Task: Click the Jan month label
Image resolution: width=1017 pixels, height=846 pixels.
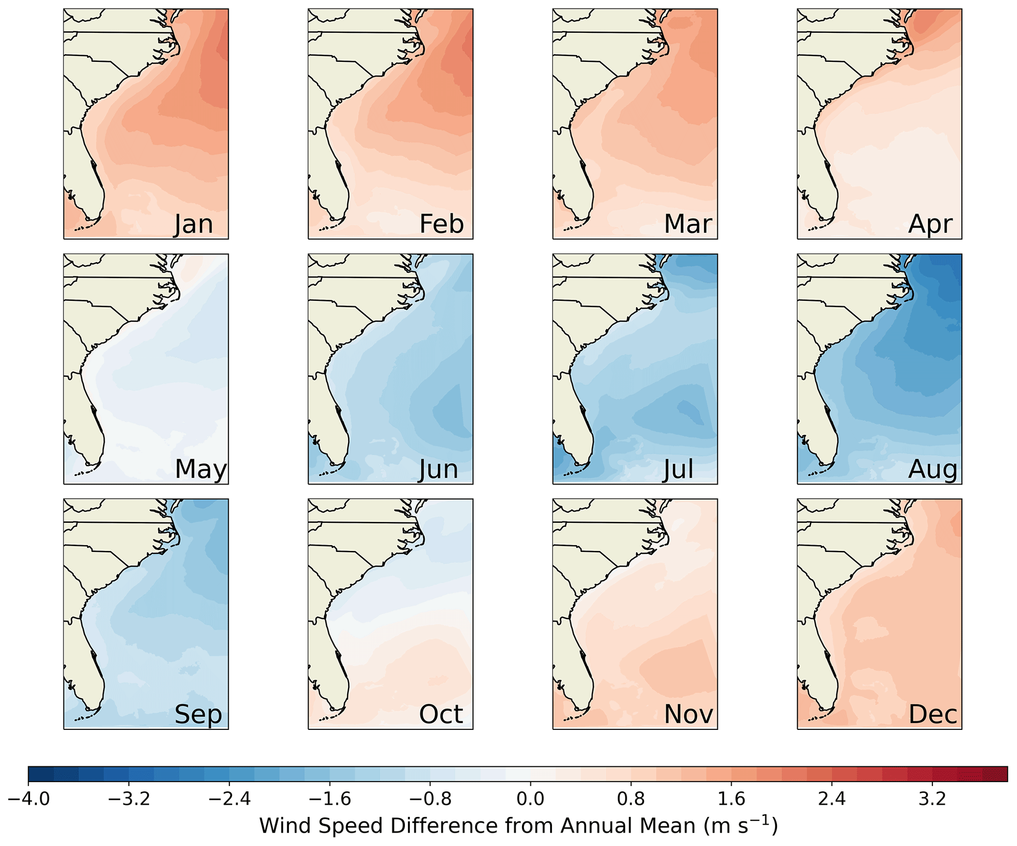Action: [193, 224]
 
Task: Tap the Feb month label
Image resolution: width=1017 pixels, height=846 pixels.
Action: [441, 224]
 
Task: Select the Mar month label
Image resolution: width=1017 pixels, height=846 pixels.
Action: [687, 224]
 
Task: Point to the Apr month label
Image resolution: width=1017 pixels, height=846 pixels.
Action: [930, 224]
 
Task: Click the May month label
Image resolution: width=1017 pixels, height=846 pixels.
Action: [201, 469]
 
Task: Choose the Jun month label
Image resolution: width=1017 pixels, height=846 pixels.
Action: [438, 469]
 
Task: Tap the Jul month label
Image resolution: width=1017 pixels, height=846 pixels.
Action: [678, 469]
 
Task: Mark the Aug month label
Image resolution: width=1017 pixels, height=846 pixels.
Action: [932, 469]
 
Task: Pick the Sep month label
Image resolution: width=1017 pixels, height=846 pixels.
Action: [198, 714]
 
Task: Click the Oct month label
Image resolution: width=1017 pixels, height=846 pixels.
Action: [441, 714]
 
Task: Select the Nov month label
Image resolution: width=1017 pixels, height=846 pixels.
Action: [688, 714]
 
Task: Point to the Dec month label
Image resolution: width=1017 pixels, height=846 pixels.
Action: [932, 714]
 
